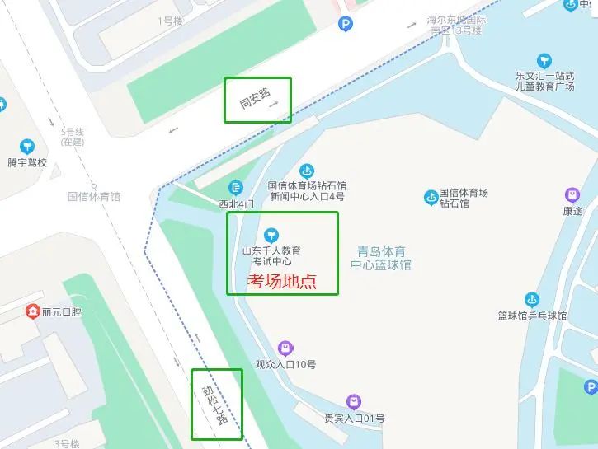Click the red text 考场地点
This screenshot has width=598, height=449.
pyautogui.click(x=282, y=281)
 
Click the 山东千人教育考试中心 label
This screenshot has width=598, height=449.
pyautogui.click(x=271, y=255)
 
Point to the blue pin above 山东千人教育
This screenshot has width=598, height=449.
pyautogui.click(x=271, y=235)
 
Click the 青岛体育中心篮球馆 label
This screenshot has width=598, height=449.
pyautogui.click(x=380, y=257)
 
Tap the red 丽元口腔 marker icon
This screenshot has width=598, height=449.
pyautogui.click(x=32, y=311)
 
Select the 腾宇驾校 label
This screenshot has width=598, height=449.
pyautogui.click(x=27, y=162)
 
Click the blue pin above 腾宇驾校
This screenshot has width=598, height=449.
pyautogui.click(x=27, y=145)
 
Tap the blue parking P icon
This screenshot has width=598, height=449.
pyautogui.click(x=345, y=25)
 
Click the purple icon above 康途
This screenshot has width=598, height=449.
pyautogui.click(x=572, y=195)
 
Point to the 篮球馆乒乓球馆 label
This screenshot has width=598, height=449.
pyautogui.click(x=532, y=316)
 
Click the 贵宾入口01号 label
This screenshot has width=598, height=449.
pyautogui.click(x=354, y=419)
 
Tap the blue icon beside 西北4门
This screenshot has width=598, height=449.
pyautogui.click(x=237, y=187)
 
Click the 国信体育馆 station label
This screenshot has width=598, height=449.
pyautogui.click(x=94, y=197)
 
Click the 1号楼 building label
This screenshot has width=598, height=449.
pyautogui.click(x=169, y=21)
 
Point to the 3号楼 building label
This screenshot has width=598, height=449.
pyautogui.click(x=67, y=444)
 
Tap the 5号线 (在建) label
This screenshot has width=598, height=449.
pyautogui.click(x=73, y=137)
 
